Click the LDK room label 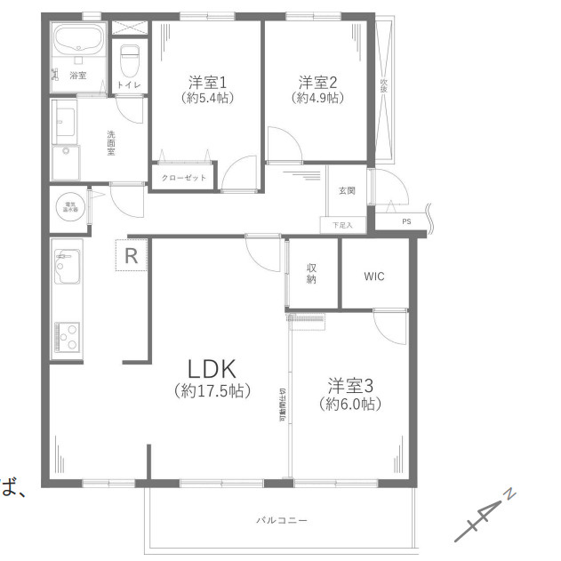tap(212, 367)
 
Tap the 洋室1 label tap(207, 81)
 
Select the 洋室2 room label tap(317, 81)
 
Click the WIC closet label tap(374, 276)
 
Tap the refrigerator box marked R tap(131, 256)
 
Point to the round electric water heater tap(68, 207)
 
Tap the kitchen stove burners tap(68, 335)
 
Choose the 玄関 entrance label tap(347, 190)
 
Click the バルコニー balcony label tap(282, 520)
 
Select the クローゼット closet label tap(184, 178)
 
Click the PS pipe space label tap(406, 221)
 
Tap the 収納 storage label tap(312, 275)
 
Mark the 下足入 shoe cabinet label tap(342, 225)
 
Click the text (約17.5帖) tap(212, 390)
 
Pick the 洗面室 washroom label tap(111, 143)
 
